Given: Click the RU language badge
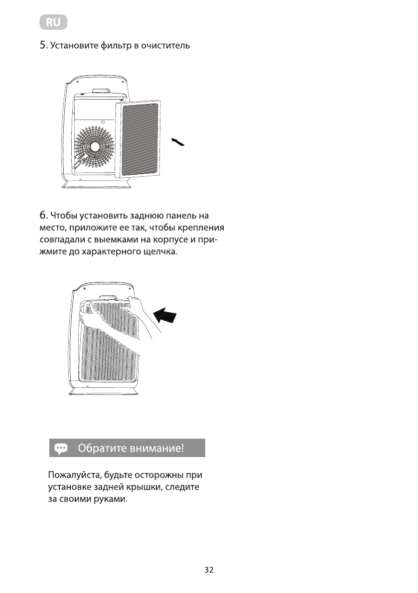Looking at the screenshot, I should [x=53, y=22].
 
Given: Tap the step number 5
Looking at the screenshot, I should [x=43, y=46].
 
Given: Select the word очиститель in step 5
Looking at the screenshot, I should [x=165, y=46].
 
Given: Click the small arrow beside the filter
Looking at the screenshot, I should [x=177, y=142].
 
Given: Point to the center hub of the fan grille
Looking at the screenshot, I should [x=95, y=147].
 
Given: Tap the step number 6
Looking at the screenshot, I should [x=43, y=216].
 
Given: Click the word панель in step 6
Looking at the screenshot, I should [x=174, y=216].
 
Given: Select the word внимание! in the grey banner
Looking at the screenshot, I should [x=156, y=448].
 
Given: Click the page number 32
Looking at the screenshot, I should [x=209, y=570].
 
